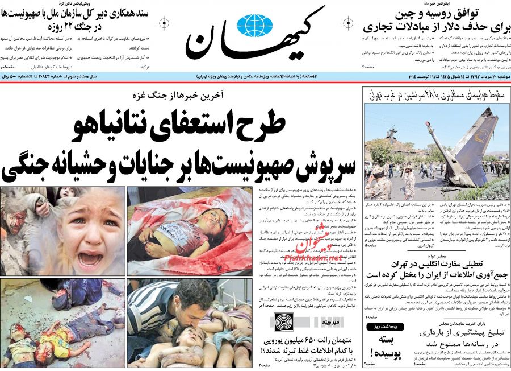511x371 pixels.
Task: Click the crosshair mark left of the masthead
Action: pos(164,23)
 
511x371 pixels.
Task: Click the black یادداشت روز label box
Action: pos(384,327)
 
